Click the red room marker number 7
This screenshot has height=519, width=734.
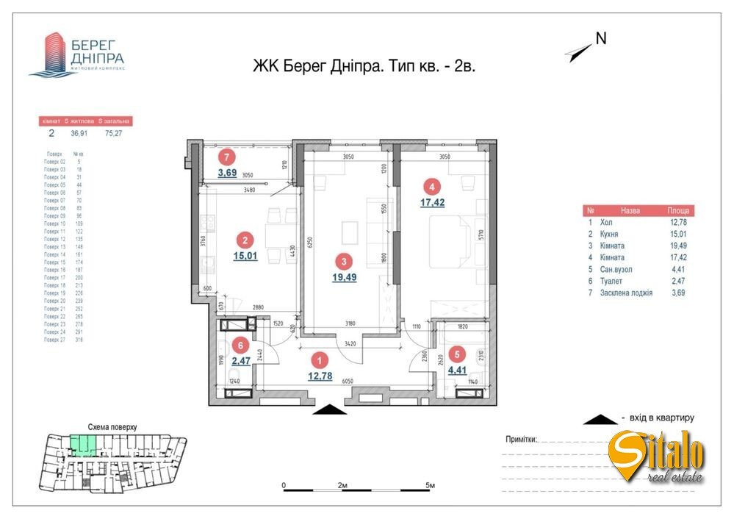click(228, 157)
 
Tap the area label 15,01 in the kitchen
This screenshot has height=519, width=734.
click(246, 256)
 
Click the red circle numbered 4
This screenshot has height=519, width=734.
click(434, 185)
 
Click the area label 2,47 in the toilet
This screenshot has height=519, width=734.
click(240, 361)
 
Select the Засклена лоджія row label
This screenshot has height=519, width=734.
click(627, 293)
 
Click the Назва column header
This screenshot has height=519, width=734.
click(630, 210)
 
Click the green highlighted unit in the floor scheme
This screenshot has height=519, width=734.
click(83, 444)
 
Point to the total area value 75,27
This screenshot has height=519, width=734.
click(114, 134)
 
